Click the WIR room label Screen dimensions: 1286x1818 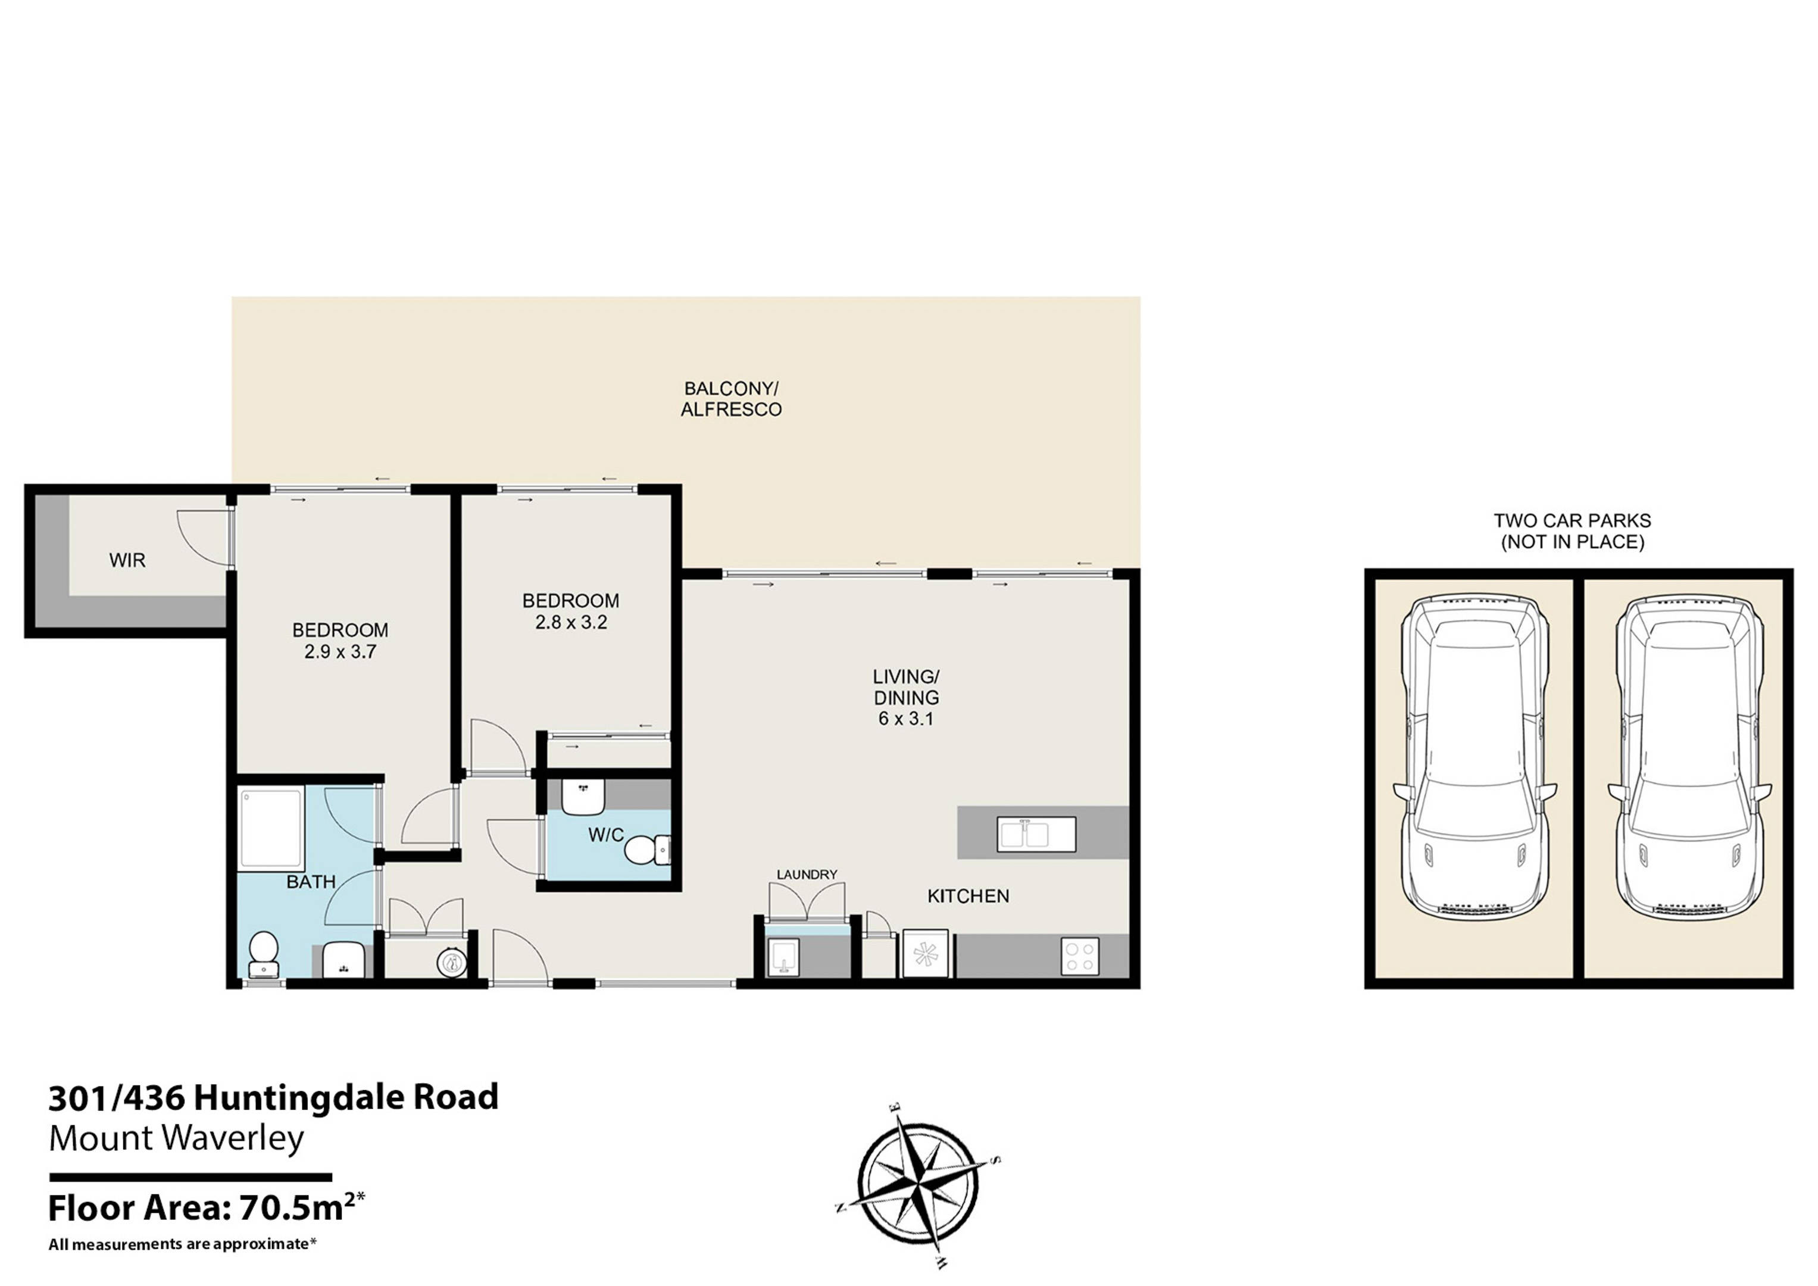tap(127, 561)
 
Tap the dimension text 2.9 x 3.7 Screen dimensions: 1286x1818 tap(341, 652)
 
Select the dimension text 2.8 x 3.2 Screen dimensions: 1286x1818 tap(571, 622)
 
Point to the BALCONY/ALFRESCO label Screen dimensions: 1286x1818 tap(731, 399)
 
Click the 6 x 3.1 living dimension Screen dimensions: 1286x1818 tap(906, 719)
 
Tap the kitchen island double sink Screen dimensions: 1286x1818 tap(1036, 835)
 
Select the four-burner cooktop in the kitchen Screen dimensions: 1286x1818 tap(1080, 956)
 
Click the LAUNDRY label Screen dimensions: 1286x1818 tap(806, 874)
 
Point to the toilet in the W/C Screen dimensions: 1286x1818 tap(647, 850)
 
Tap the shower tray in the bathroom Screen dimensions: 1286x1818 tap(271, 828)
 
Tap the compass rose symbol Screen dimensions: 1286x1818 tap(919, 1185)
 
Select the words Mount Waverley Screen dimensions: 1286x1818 tap(176, 1138)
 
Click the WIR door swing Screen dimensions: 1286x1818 tap(204, 538)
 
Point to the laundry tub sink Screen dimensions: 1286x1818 tap(782, 957)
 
